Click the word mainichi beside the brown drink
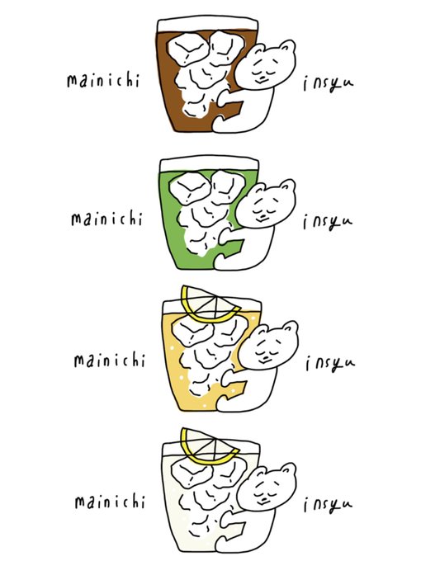pyautogui.click(x=103, y=80)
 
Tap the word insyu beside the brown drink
pyautogui.click(x=329, y=83)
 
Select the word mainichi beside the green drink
pyautogui.click(x=106, y=219)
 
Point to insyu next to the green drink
pyautogui.click(x=328, y=222)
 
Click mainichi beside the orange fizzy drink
pyautogui.click(x=109, y=360)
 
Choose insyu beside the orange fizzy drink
pyautogui.click(x=330, y=364)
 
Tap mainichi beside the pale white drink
pyautogui.click(x=110, y=502)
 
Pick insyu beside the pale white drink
pyautogui.click(x=329, y=504)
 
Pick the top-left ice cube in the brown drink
pyautogui.click(x=188, y=49)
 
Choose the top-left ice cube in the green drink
pyautogui.click(x=190, y=188)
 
